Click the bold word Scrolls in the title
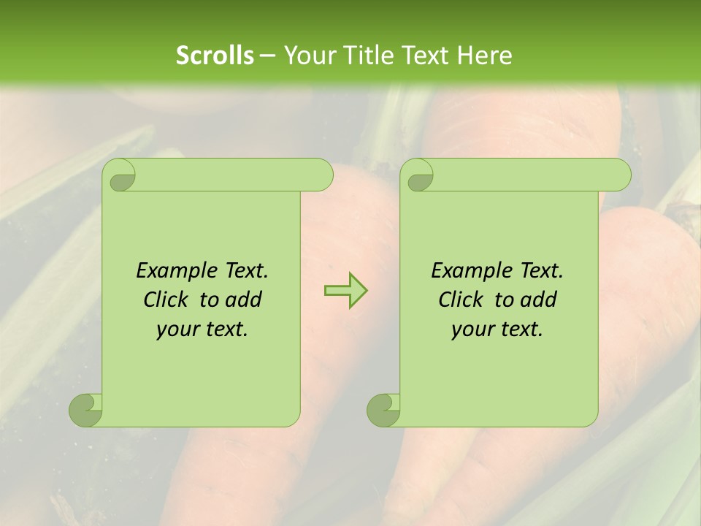point(215,56)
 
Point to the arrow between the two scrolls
point(345,290)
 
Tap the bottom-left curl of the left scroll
point(86,410)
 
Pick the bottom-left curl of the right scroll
point(384,410)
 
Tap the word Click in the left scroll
point(166,300)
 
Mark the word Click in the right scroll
point(461,300)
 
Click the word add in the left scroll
point(244,300)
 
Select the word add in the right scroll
point(539,300)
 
